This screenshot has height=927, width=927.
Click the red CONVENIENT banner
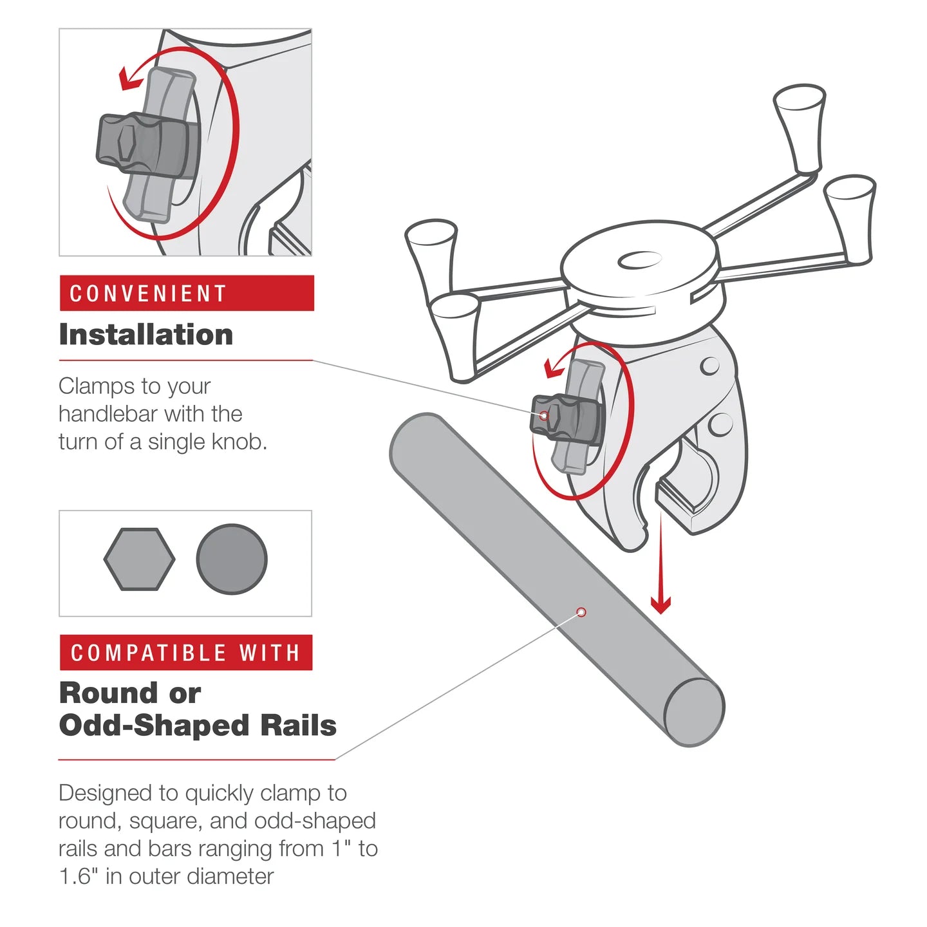coord(186,294)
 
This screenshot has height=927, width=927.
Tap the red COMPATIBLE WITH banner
coord(186,653)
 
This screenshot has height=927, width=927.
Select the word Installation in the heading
coord(146,335)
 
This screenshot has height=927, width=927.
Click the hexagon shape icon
coord(139,559)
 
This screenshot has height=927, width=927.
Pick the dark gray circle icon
coord(232,559)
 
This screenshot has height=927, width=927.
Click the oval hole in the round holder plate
coord(639,261)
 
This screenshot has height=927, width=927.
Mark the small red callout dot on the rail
coord(581,612)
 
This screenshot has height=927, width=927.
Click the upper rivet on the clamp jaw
coord(709,366)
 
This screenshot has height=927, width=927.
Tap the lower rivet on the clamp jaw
coord(720,424)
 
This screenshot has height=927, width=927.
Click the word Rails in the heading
coord(298,726)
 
